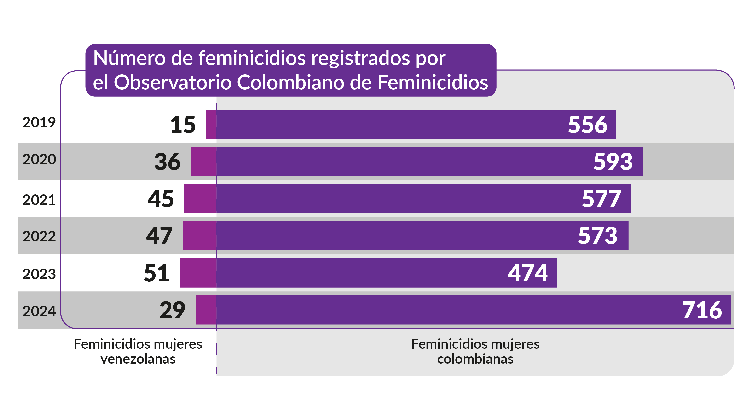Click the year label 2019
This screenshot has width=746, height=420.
click(39, 122)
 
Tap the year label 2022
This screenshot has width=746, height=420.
click(39, 236)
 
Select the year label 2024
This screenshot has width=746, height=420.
click(39, 311)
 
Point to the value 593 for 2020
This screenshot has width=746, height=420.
click(613, 162)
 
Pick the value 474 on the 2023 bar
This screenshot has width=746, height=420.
click(527, 273)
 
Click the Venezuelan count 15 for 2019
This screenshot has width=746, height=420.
click(183, 125)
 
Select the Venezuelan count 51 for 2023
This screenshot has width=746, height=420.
click(157, 273)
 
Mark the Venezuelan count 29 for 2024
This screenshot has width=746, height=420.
click(172, 310)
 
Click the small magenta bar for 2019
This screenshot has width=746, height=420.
click(211, 124)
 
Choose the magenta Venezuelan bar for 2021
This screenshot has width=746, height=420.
click(200, 199)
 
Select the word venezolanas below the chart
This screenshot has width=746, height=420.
click(138, 359)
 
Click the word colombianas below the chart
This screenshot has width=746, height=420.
click(475, 359)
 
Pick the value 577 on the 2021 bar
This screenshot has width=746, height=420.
click(601, 199)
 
